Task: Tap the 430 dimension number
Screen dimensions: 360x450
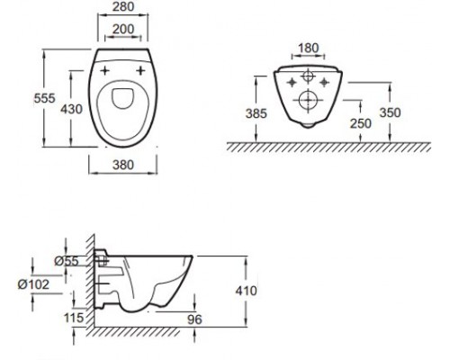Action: tap(74, 109)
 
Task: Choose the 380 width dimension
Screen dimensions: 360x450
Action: tap(126, 166)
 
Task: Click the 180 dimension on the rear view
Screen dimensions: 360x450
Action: tap(307, 46)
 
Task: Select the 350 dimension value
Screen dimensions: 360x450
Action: tap(415, 113)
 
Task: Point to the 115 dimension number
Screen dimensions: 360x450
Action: tap(75, 318)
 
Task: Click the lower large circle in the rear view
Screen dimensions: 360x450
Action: tap(307, 100)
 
